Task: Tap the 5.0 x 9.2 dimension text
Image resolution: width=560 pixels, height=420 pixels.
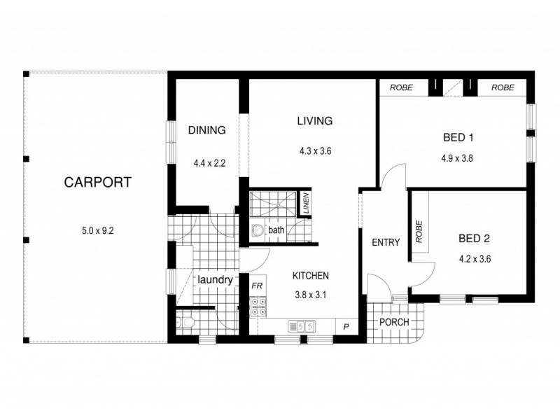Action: [x=97, y=229]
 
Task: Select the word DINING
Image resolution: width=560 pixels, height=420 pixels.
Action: [x=206, y=129]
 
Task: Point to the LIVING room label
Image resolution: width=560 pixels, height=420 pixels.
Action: [x=314, y=121]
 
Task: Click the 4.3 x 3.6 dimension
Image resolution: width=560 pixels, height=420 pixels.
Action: [x=314, y=149]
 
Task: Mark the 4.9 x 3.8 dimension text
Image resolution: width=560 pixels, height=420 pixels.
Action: [x=458, y=158]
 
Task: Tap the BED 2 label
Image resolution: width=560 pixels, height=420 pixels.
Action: [x=475, y=239]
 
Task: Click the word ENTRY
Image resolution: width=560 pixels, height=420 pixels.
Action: [x=385, y=244]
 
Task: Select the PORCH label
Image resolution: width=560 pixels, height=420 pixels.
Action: [x=393, y=322]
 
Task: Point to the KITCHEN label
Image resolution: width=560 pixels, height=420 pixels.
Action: [x=310, y=276]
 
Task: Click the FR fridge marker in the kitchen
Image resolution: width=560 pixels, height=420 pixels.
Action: [x=257, y=286]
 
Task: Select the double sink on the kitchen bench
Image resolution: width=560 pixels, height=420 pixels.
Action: [x=303, y=326]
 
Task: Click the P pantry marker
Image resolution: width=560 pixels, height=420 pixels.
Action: [x=346, y=326]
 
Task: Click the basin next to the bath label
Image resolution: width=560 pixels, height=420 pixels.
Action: [x=257, y=230]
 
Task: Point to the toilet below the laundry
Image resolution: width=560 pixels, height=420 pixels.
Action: [x=183, y=323]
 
